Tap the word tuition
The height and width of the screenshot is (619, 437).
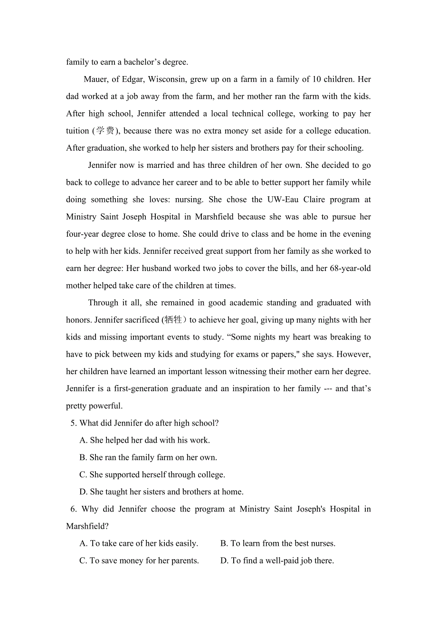click(78, 131)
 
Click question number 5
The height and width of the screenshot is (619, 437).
click(74, 423)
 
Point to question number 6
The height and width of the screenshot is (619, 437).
click(74, 509)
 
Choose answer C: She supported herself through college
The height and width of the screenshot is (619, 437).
click(152, 474)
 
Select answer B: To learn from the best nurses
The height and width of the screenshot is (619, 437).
click(278, 543)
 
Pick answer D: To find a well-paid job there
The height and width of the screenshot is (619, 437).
click(277, 561)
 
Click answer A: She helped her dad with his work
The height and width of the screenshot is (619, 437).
click(144, 440)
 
